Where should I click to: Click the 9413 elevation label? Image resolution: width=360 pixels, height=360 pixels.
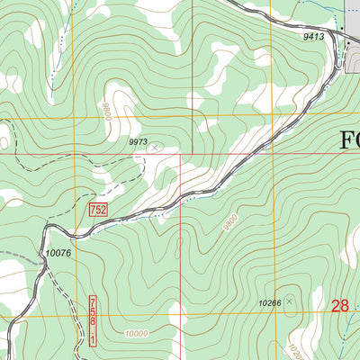point(313,37)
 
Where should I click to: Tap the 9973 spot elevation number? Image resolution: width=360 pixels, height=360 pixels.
point(137,141)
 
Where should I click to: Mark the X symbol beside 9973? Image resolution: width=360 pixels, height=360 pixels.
point(154,147)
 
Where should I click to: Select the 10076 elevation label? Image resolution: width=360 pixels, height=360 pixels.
point(58,253)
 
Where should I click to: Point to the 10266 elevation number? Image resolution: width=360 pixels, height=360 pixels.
point(269,303)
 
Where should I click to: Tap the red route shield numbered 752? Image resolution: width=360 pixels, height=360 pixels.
point(98,210)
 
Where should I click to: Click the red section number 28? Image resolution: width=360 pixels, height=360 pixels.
point(339,307)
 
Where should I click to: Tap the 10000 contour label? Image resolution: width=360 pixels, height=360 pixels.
point(138,333)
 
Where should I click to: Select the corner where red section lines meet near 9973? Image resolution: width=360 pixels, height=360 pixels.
point(181,153)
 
